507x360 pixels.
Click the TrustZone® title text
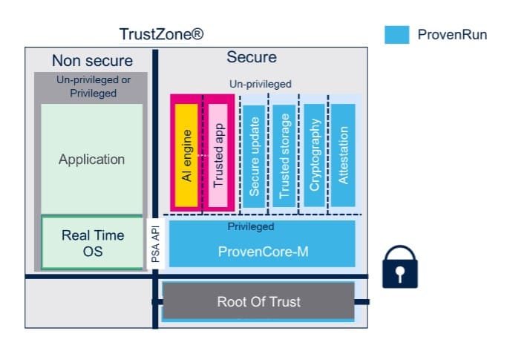[x=161, y=34]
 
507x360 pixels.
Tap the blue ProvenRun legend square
[x=396, y=34]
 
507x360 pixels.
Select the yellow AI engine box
[x=187, y=154]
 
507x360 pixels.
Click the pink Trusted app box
[x=218, y=154]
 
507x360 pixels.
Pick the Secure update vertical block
[x=254, y=154]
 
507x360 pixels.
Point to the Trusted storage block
[x=284, y=154]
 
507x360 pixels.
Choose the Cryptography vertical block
[x=314, y=154]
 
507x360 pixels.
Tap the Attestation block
[x=343, y=154]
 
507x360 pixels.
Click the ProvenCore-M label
[x=263, y=252]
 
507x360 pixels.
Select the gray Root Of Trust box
[x=258, y=302]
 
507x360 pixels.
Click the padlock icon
[x=400, y=266]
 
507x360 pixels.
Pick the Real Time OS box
[x=92, y=243]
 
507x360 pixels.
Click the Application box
[x=92, y=159]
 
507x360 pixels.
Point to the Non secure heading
[x=92, y=61]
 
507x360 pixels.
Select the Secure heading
[x=251, y=57]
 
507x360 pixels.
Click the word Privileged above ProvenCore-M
[x=250, y=226]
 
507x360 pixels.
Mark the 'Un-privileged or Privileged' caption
[x=92, y=86]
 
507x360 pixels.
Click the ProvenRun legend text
[x=452, y=34]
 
